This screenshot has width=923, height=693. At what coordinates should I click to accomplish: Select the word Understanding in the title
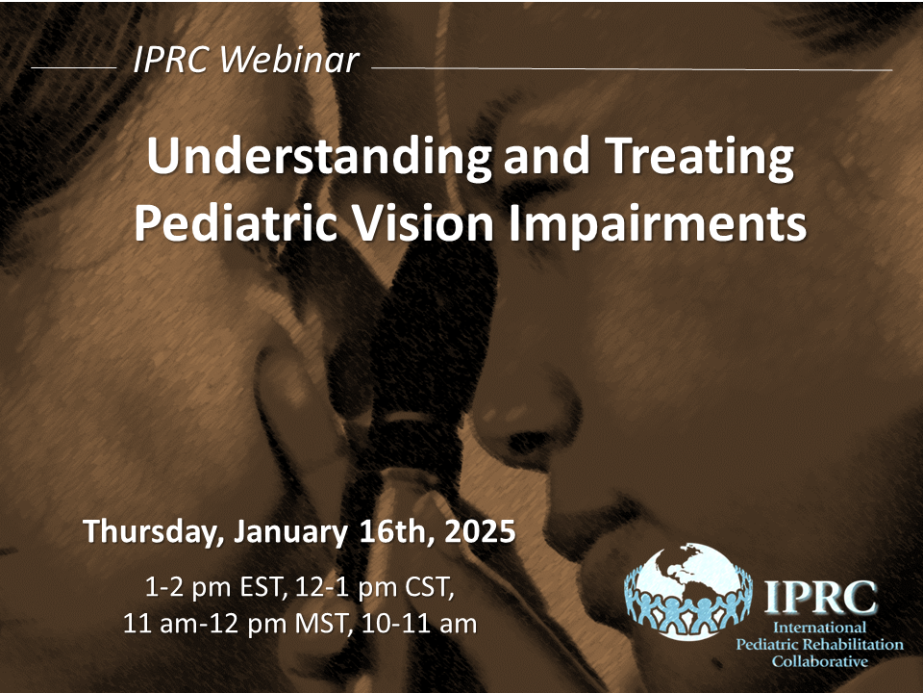click(318, 157)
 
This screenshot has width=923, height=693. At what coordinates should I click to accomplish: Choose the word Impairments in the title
click(657, 224)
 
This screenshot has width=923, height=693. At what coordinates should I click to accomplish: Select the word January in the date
click(290, 531)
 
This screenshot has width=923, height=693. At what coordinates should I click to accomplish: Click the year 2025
click(480, 530)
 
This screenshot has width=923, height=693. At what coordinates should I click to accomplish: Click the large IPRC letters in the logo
click(820, 597)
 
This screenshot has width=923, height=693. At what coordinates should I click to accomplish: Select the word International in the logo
click(819, 628)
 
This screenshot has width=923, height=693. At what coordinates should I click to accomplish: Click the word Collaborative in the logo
click(819, 662)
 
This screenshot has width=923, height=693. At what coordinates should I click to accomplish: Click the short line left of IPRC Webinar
click(74, 67)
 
